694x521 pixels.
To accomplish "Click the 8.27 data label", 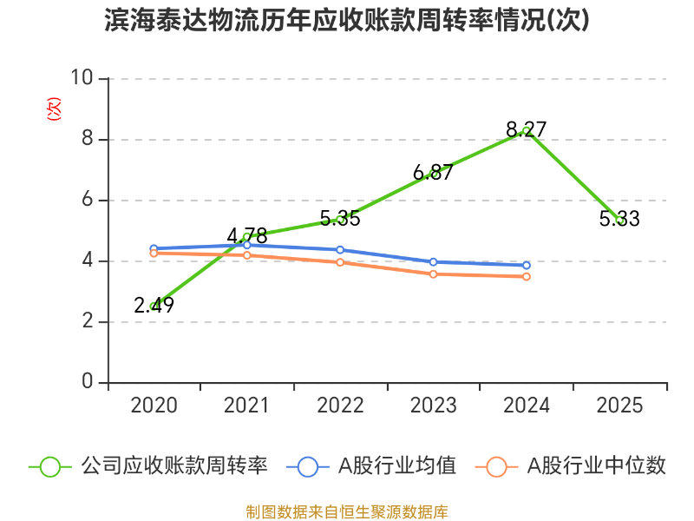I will click(527, 130).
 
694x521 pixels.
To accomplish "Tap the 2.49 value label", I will click(154, 305).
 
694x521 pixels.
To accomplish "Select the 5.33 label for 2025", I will click(619, 220).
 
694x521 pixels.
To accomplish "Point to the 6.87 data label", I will click(433, 173).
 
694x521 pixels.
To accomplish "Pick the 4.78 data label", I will click(247, 236).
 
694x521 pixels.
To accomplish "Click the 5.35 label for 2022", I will click(340, 219).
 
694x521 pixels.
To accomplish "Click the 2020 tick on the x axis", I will click(154, 406).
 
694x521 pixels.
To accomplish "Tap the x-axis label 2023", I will click(433, 406).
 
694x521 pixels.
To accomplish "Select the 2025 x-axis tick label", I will click(619, 406).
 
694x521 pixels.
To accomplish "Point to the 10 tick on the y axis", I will click(82, 79).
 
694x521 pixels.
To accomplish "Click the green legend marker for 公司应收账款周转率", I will click(50, 466).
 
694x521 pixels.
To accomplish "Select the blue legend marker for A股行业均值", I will click(308, 466).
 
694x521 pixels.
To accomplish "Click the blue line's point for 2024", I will click(527, 266).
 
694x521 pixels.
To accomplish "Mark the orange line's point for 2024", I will click(527, 276).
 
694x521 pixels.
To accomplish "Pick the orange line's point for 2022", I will click(340, 262).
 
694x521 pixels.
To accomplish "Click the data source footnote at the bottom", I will click(347, 512).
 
